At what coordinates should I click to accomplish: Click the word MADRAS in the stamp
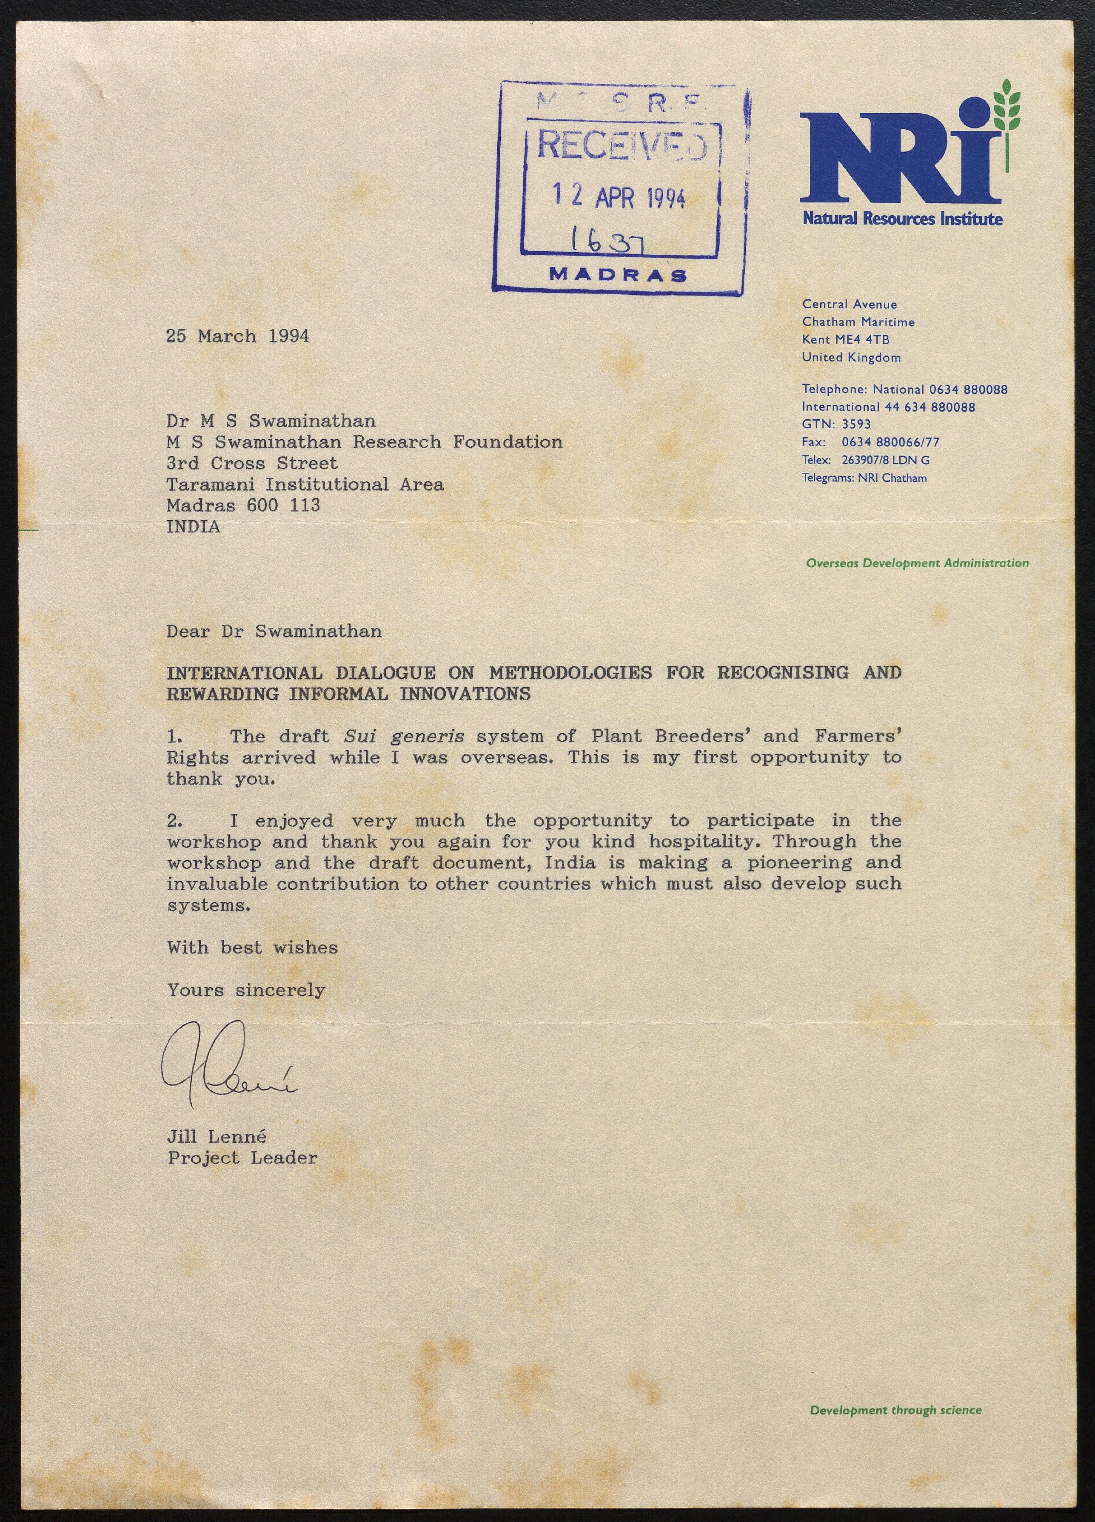point(618,275)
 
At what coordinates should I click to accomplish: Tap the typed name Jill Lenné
point(217,1136)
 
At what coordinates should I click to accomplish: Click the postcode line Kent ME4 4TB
point(845,339)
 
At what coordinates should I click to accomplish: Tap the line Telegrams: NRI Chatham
point(864,478)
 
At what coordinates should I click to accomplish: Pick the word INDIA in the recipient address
point(194,527)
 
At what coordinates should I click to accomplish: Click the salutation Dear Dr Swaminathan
point(274,632)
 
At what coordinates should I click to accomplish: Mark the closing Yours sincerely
point(246,990)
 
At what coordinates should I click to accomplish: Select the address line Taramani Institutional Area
point(305,484)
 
